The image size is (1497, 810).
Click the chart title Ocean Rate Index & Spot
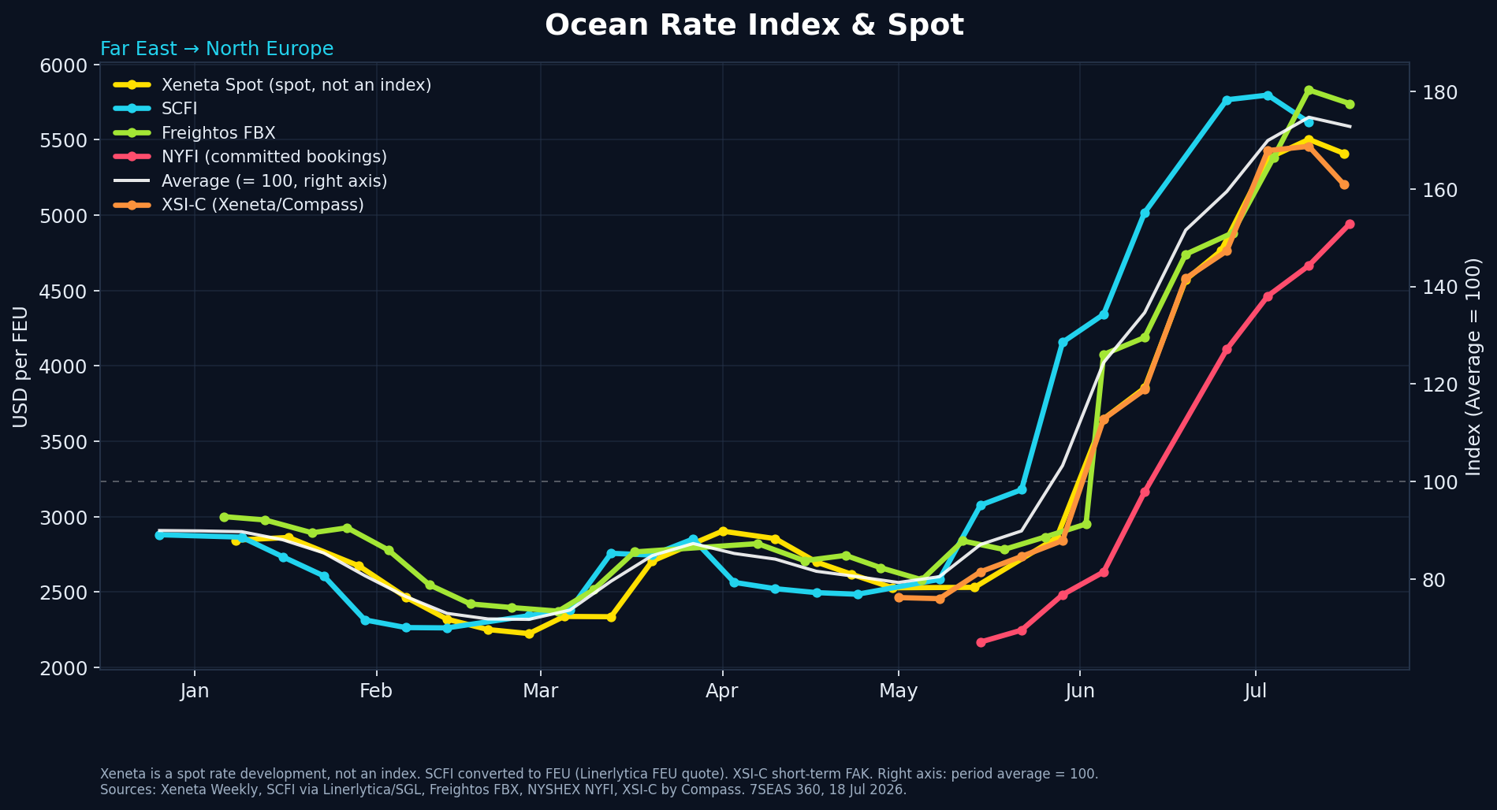(x=754, y=25)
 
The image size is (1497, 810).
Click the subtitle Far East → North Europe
(x=217, y=49)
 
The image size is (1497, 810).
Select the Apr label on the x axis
(x=722, y=692)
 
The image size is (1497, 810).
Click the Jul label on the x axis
(x=1256, y=692)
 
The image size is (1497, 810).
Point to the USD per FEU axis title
(x=21, y=367)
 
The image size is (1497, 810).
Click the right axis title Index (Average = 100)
(x=1473, y=367)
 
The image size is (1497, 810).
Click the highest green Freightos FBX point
(x=1309, y=91)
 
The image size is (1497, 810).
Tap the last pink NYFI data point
(x=1350, y=225)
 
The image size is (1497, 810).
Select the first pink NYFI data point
(x=981, y=642)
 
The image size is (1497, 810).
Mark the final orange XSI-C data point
(x=1344, y=185)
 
